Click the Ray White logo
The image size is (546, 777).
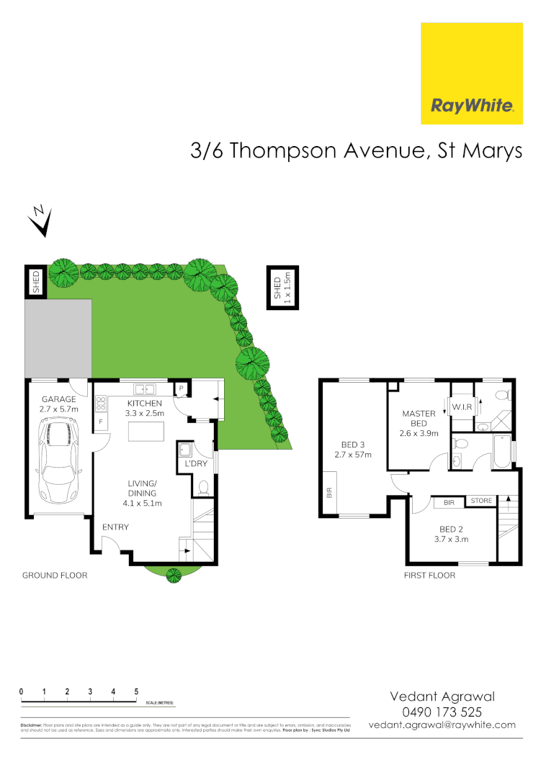click(472, 73)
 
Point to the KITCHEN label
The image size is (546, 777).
click(145, 403)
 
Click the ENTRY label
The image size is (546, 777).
click(115, 527)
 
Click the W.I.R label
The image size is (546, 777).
click(462, 408)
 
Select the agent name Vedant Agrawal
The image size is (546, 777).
click(442, 696)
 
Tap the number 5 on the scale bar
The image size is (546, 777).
click(136, 691)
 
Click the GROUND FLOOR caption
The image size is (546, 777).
click(55, 575)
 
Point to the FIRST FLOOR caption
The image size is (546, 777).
click(429, 575)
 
